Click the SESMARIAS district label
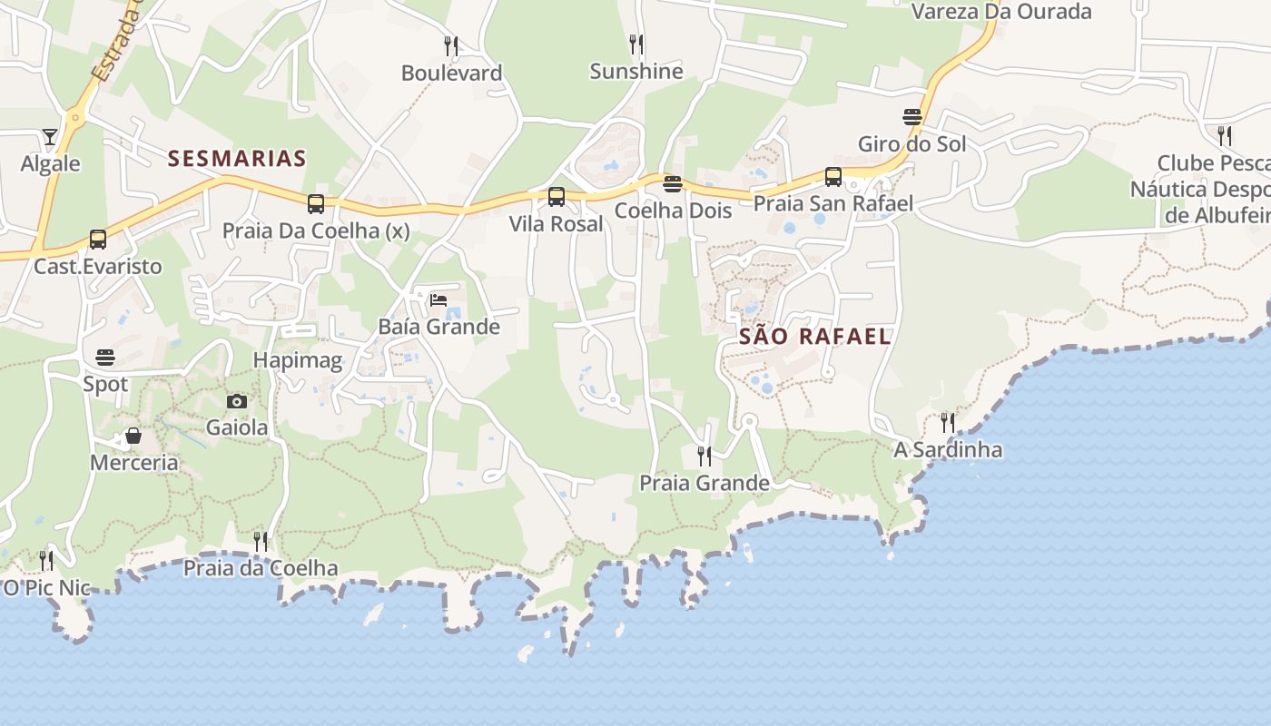237,159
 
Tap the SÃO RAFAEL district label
814,337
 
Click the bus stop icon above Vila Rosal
557,196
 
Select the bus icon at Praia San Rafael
833,176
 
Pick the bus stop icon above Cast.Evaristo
98,239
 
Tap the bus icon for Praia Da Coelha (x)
316,203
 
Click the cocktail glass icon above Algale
50,137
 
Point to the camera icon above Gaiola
237,401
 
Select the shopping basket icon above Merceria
133,437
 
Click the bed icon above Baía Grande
438,299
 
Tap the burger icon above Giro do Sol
912,117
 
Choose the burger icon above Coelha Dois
673,184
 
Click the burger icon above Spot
105,357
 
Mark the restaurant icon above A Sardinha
948,422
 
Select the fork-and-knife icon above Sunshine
636,44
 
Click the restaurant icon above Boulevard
451,45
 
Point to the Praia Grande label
704,483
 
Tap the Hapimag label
298,360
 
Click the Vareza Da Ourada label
1001,12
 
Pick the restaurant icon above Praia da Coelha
261,542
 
